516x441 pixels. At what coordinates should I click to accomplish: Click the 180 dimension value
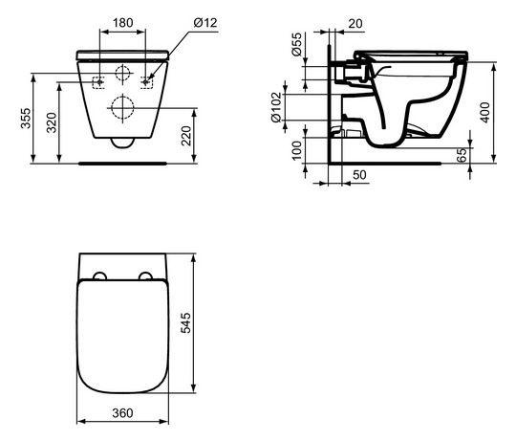pyautogui.click(x=120, y=19)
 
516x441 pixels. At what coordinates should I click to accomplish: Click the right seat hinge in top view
pyautogui.click(x=145, y=276)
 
